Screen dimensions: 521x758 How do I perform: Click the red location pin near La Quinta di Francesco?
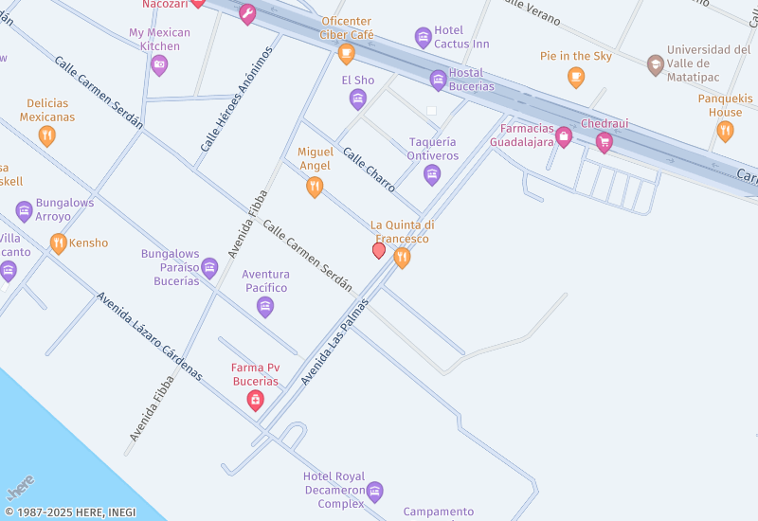coord(379,250)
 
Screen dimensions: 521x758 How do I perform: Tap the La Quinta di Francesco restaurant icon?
coord(402,258)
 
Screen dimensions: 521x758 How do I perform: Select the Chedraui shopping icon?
coord(604,143)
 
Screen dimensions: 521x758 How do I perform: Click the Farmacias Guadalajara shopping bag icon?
coord(564,137)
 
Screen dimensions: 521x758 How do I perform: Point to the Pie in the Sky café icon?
coord(576,77)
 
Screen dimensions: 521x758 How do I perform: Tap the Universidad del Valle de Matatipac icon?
coord(655,64)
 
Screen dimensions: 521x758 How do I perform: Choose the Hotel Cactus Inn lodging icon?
coord(424,38)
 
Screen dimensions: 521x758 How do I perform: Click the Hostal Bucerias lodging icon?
coord(438,80)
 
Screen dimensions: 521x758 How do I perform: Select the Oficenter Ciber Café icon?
coord(347,53)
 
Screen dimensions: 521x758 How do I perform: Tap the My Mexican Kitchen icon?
coord(159,65)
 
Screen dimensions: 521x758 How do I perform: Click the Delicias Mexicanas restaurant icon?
coord(46,136)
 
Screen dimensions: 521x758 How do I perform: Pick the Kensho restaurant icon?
coord(59,243)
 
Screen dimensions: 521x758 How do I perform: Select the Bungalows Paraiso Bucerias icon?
coord(209,268)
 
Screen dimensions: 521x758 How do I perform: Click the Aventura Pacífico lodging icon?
coord(265,307)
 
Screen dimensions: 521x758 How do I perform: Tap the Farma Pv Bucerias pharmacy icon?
coord(255,402)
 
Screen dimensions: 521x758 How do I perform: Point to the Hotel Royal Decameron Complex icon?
coord(374,491)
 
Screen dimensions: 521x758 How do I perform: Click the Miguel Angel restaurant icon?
coord(315,187)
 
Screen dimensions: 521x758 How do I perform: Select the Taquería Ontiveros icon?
coord(432,174)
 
